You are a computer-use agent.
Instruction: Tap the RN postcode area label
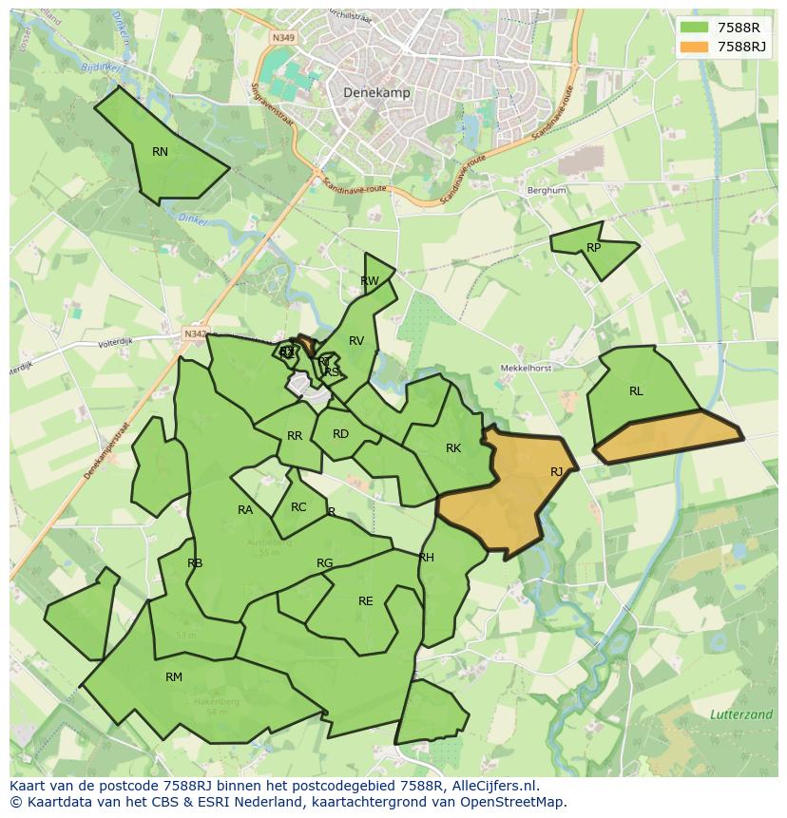click(x=160, y=152)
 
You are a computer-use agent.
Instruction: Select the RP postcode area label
click(x=594, y=248)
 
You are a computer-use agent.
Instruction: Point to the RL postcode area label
click(x=636, y=391)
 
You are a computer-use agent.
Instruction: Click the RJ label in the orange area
click(x=557, y=472)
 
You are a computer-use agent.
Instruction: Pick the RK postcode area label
click(x=453, y=448)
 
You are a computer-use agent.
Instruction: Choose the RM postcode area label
click(x=174, y=677)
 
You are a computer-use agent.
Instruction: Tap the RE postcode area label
click(x=366, y=601)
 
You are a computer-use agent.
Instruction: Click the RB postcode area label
click(x=195, y=563)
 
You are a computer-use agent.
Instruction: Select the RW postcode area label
click(x=370, y=281)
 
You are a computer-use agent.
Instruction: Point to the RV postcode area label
click(x=356, y=341)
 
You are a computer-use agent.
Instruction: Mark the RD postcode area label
click(x=340, y=434)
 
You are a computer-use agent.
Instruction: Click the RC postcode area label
click(x=298, y=507)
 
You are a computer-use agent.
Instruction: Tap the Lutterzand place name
click(x=740, y=714)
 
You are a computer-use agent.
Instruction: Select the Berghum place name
click(x=547, y=190)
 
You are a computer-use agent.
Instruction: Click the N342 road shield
click(x=195, y=333)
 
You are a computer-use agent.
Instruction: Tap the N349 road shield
click(x=282, y=38)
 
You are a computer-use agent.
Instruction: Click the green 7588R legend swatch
click(x=695, y=28)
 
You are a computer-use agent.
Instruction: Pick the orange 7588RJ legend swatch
click(x=695, y=47)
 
